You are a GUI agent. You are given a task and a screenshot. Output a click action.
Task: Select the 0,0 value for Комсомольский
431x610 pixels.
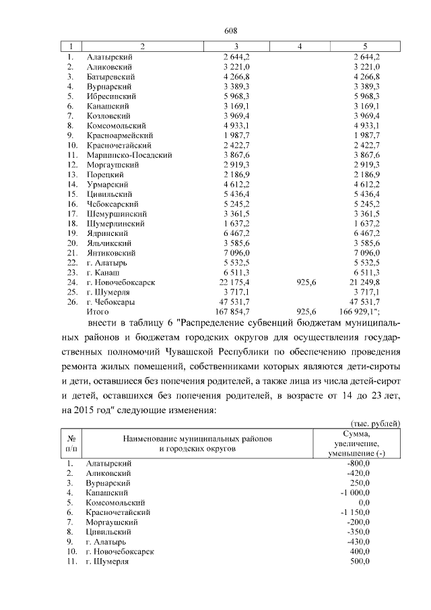364,502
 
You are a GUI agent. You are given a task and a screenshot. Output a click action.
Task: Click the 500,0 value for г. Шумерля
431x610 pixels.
360,561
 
